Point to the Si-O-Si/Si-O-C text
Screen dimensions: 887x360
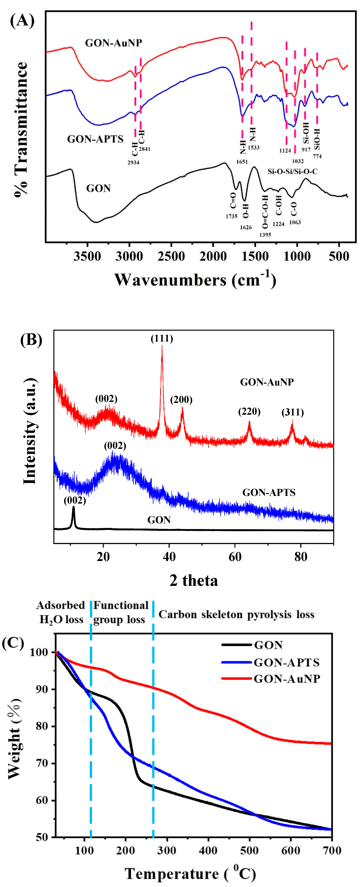pyautogui.click(x=293, y=171)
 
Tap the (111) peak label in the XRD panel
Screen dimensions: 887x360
pyautogui.click(x=162, y=339)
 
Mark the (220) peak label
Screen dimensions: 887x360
pyautogui.click(x=249, y=412)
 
